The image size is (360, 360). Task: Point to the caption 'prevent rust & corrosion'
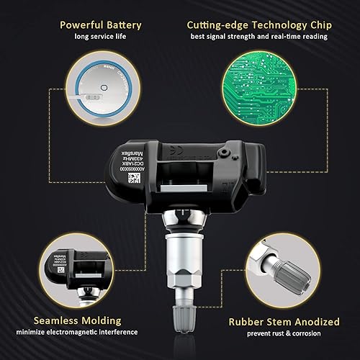(266, 333)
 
